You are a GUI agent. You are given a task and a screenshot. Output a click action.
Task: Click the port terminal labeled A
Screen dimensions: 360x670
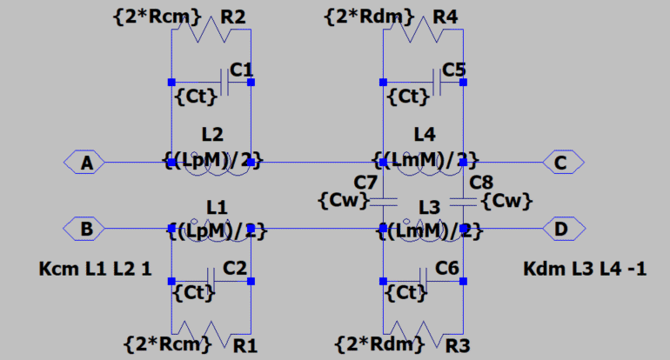tap(85, 162)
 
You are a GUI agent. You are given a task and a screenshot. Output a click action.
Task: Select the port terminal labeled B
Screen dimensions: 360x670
tap(85, 229)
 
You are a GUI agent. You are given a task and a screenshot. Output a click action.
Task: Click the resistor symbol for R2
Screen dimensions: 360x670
tap(211, 31)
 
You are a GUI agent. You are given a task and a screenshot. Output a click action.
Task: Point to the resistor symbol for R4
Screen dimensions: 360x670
tap(423, 31)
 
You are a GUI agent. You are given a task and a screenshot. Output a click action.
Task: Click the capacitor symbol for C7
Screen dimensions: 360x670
tap(383, 202)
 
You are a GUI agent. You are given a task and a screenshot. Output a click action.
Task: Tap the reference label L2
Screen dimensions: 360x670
tap(212, 135)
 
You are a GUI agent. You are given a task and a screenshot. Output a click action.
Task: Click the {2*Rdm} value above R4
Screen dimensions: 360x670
tap(364, 16)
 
